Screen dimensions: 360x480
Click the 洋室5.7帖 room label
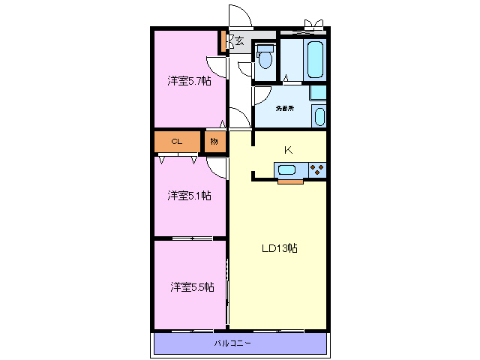[x=188, y=81]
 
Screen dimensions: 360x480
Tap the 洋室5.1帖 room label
[x=188, y=196]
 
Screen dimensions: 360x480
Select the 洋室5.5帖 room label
[x=191, y=286]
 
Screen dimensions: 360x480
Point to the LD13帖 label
[x=279, y=248]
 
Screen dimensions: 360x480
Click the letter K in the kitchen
[x=287, y=150]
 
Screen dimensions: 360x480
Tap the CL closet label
[x=176, y=141]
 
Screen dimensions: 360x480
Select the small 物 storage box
[x=214, y=141]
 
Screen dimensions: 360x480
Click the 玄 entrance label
[x=239, y=41]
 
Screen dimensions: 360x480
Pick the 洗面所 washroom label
[x=284, y=109]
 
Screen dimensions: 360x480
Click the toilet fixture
[x=265, y=58]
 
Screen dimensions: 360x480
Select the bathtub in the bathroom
[x=315, y=58]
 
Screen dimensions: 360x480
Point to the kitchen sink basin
[x=288, y=169]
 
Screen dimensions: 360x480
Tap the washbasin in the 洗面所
[x=319, y=116]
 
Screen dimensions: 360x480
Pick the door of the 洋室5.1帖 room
[x=217, y=166]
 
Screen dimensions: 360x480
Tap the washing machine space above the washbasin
[x=319, y=94]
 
